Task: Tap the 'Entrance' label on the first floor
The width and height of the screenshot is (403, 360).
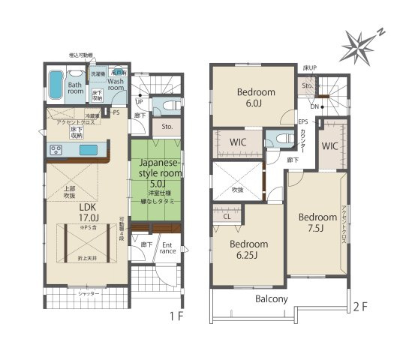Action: click(168, 248)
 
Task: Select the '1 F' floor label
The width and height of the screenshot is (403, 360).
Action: click(176, 316)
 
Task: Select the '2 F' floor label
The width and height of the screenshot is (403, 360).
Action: click(361, 306)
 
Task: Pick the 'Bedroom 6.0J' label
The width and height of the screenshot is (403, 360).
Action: click(256, 97)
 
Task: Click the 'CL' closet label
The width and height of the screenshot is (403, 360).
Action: click(227, 216)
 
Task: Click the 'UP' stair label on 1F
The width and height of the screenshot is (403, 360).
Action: click(139, 101)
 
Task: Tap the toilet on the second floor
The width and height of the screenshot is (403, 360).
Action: click(276, 139)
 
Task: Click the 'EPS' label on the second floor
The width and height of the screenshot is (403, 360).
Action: click(302, 122)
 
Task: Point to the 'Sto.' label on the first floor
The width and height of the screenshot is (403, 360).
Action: click(167, 127)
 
